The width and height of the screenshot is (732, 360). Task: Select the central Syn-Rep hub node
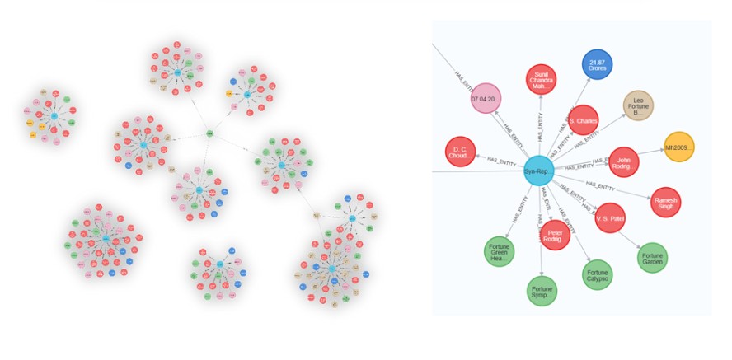point(537,170)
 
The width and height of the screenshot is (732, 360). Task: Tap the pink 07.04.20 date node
point(486,99)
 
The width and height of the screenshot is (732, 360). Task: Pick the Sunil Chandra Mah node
point(542,79)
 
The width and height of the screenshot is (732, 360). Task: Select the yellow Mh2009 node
point(679,147)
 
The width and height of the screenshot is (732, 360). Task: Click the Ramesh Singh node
point(664,201)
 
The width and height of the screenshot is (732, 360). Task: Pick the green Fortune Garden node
point(652,257)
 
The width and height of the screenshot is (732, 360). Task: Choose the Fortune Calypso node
point(598,274)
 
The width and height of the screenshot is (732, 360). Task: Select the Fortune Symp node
point(542,291)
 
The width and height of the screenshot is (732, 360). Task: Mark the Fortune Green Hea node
point(500,252)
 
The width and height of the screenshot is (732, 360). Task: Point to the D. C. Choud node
point(459,152)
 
